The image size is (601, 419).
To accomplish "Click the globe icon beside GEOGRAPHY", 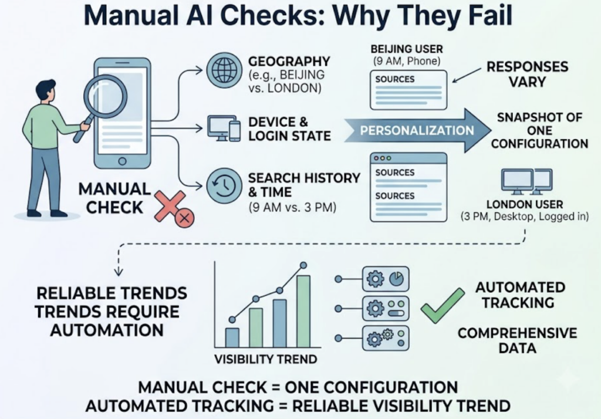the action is [224, 70].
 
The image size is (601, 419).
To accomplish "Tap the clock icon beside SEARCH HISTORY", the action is [224, 186].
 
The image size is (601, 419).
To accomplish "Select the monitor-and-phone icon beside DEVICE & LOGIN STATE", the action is [224, 129].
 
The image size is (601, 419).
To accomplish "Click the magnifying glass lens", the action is [106, 96].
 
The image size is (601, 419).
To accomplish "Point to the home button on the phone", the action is [122, 161].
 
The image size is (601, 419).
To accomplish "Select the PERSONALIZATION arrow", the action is [417, 130].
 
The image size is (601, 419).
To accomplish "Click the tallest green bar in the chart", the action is [303, 311].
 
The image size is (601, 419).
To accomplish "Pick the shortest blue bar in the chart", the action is [232, 337].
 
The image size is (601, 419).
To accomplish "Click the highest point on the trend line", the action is [303, 265].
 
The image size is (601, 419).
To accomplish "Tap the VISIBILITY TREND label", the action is [266, 359].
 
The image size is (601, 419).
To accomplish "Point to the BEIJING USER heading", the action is [407, 49].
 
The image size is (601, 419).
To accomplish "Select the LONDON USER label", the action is [525, 204].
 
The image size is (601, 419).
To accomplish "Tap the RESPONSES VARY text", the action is [527, 74].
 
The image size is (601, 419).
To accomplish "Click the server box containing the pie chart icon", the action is [386, 279].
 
